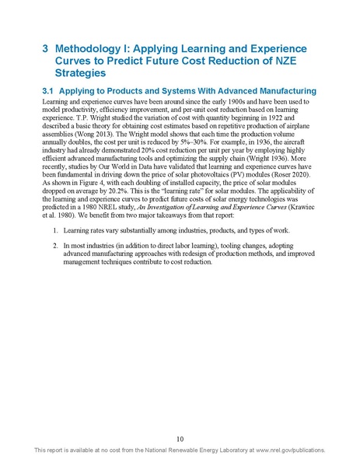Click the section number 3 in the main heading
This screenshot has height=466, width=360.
pos(44,47)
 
